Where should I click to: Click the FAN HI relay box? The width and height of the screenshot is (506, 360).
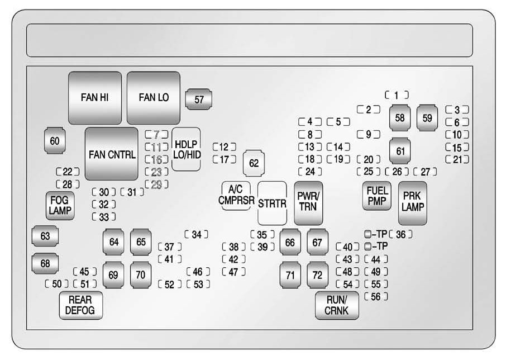[94, 97]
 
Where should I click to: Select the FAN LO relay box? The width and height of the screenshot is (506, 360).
[154, 97]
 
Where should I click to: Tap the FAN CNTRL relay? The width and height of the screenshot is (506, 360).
[112, 154]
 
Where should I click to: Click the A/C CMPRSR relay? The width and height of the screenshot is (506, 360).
[236, 196]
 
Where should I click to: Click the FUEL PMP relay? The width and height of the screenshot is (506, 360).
[377, 196]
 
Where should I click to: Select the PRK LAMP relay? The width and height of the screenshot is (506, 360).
[412, 202]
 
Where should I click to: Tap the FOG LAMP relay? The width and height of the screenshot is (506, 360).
[60, 205]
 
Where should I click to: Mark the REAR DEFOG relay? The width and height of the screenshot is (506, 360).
[80, 305]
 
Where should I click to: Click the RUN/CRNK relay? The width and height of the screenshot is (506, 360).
[337, 305]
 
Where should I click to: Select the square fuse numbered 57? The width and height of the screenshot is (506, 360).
[199, 100]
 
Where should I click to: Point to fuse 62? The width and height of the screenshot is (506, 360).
[254, 163]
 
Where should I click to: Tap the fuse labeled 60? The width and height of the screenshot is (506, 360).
[54, 141]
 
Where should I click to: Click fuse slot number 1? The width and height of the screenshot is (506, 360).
[397, 95]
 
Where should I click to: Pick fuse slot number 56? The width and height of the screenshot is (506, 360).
[375, 297]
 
